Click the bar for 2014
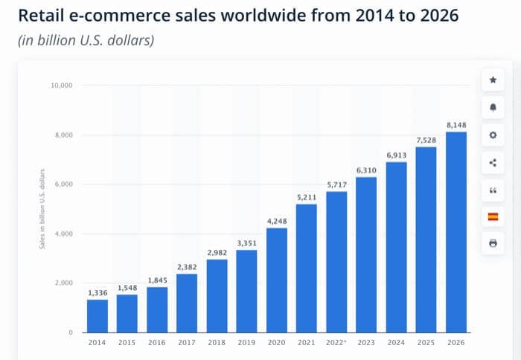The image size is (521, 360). (98, 316)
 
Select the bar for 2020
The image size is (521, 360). (277, 280)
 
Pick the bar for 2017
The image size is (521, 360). (187, 303)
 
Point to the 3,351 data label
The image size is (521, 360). (247, 242)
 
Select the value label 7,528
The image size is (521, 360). (426, 140)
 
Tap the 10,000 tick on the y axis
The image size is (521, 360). (61, 86)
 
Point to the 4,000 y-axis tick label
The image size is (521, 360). (63, 234)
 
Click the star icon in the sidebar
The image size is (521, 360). (493, 80)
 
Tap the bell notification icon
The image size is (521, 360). (493, 107)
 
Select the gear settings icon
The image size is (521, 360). (493, 135)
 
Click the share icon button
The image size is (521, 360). (493, 162)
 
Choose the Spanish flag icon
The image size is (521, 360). (493, 216)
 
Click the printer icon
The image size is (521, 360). (493, 243)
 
